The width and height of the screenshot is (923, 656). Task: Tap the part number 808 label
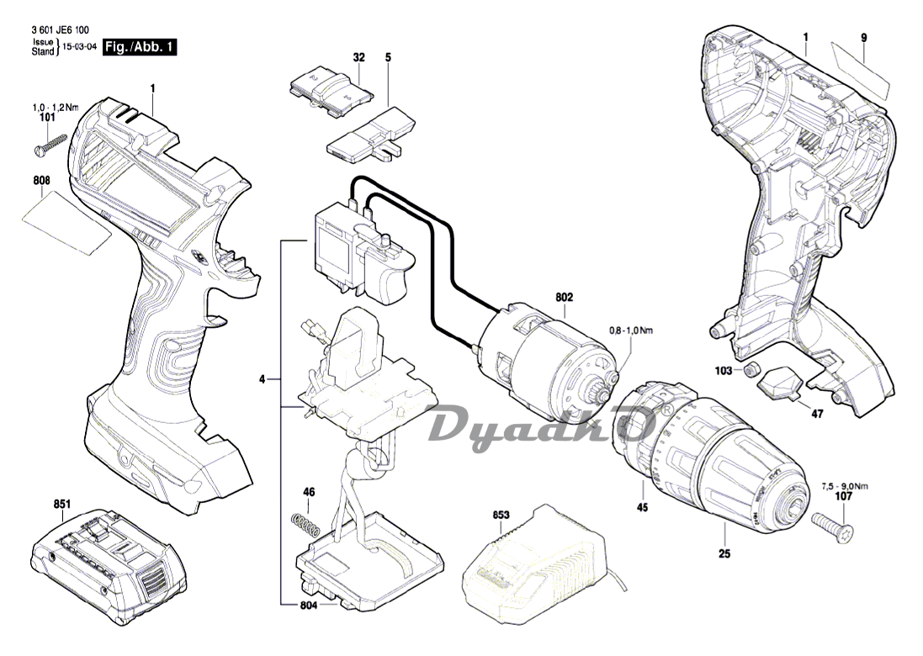(x=42, y=181)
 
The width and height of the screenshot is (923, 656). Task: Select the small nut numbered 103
(x=754, y=369)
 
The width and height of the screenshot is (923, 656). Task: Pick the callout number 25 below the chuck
(x=724, y=553)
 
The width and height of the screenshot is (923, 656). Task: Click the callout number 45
(x=642, y=507)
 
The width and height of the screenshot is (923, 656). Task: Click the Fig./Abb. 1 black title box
(x=140, y=48)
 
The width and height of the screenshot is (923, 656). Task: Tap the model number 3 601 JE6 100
(x=60, y=29)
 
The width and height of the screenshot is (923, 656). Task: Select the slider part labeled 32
(x=332, y=87)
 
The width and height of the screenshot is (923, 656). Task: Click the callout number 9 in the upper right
(x=863, y=37)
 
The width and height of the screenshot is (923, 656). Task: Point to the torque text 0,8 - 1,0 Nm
(x=629, y=331)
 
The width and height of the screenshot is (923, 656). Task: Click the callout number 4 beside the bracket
(x=263, y=379)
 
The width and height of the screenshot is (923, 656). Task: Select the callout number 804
(x=309, y=606)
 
